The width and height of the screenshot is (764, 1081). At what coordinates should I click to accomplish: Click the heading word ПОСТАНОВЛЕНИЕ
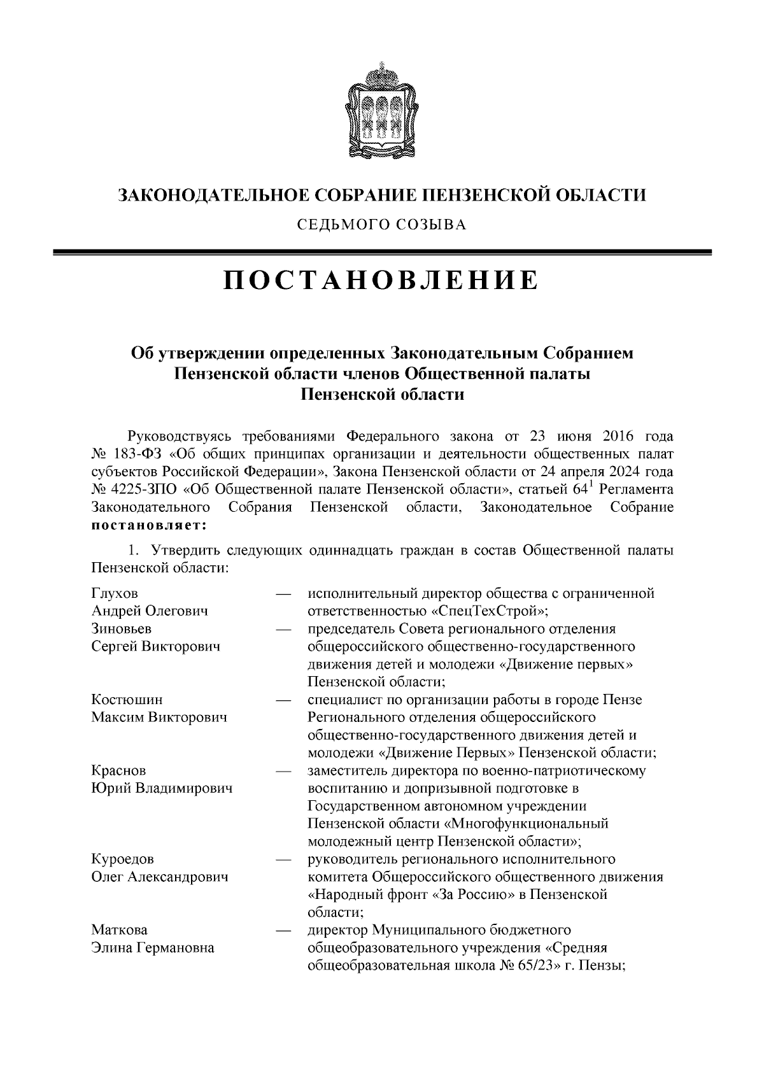[x=381, y=281]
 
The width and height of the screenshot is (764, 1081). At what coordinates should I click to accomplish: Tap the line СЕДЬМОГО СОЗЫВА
[x=381, y=224]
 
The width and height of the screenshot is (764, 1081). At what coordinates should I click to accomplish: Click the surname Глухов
[x=115, y=593]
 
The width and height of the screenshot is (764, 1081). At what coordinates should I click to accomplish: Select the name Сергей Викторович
[x=156, y=647]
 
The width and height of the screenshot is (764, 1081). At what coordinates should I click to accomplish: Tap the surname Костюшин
[x=127, y=700]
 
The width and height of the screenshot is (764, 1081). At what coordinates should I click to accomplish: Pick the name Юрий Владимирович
[x=162, y=788]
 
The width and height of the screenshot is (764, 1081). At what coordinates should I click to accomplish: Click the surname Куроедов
[x=123, y=859]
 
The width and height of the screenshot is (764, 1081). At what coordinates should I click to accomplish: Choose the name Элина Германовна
[x=153, y=947]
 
